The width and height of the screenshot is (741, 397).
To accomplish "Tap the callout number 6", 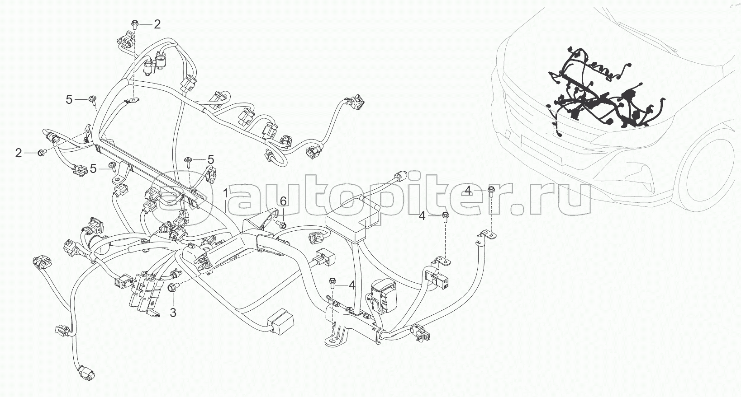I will pyautogui.click(x=283, y=201).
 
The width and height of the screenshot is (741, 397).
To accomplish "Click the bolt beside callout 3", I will pyautogui.click(x=173, y=286).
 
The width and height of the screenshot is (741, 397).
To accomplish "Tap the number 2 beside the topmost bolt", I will pyautogui.click(x=157, y=24).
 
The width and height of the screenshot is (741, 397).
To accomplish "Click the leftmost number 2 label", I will pyautogui.click(x=19, y=153).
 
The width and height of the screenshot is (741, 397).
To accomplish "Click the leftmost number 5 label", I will pyautogui.click(x=69, y=99).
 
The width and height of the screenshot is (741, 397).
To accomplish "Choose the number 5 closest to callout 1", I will pyautogui.click(x=210, y=159).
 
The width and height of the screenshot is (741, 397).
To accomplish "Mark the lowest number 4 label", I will pyautogui.click(x=351, y=285).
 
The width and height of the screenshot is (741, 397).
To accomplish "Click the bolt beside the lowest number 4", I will pyautogui.click(x=332, y=283).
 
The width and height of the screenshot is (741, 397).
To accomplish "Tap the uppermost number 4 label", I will pyautogui.click(x=468, y=190).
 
